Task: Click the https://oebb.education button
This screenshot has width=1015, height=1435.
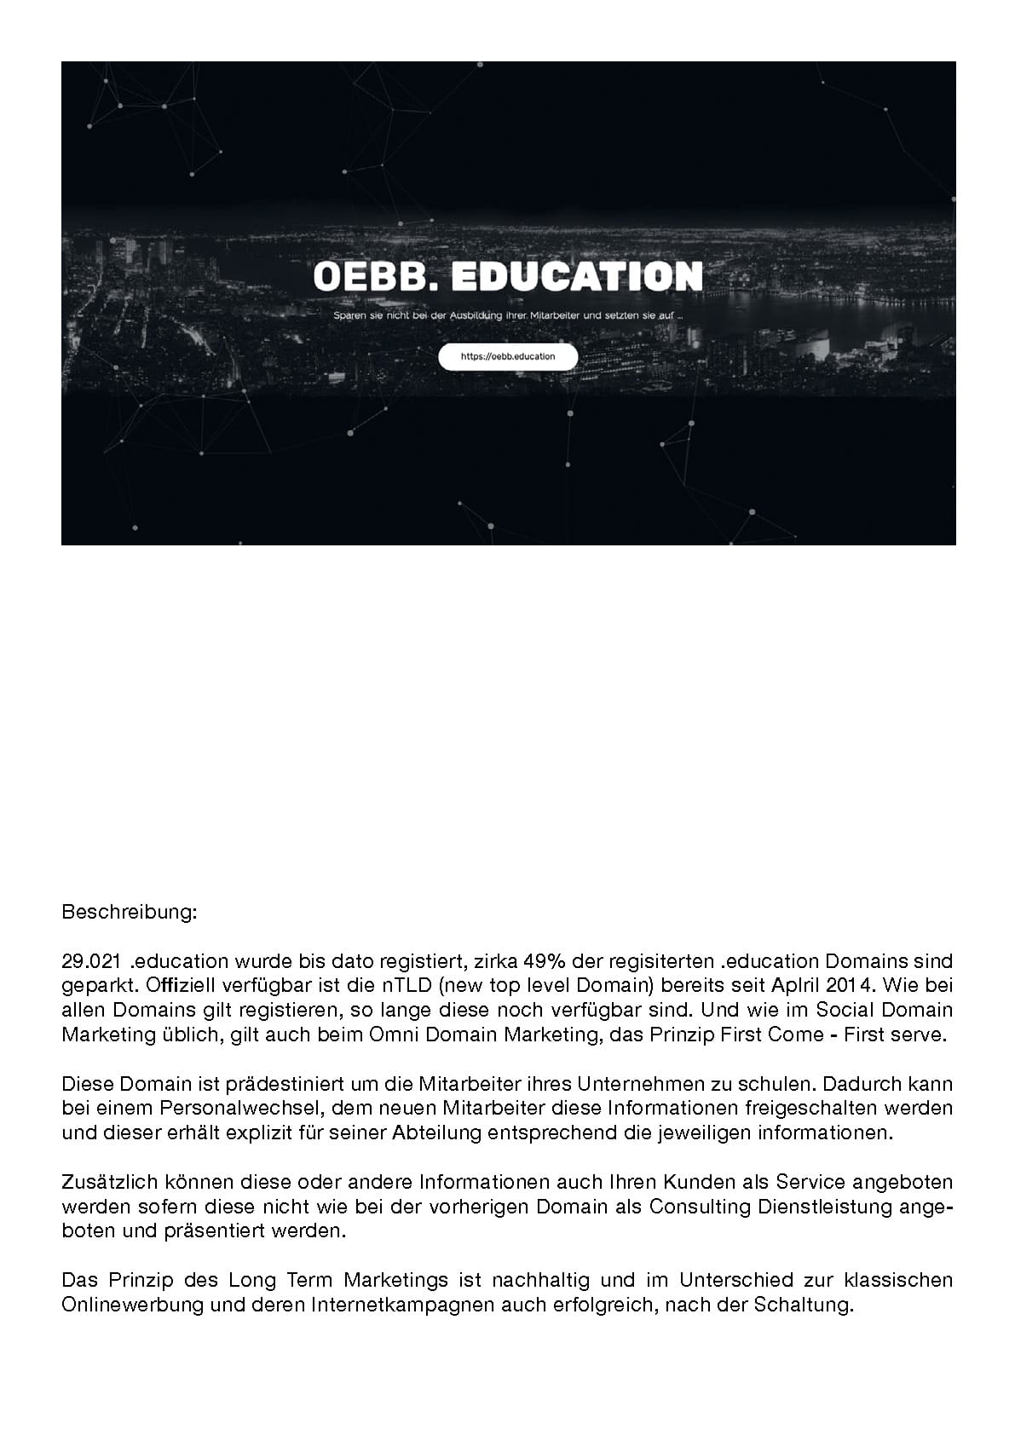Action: tap(508, 357)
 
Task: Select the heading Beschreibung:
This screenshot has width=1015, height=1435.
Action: tap(130, 913)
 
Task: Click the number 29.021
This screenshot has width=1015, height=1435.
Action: tap(90, 962)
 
